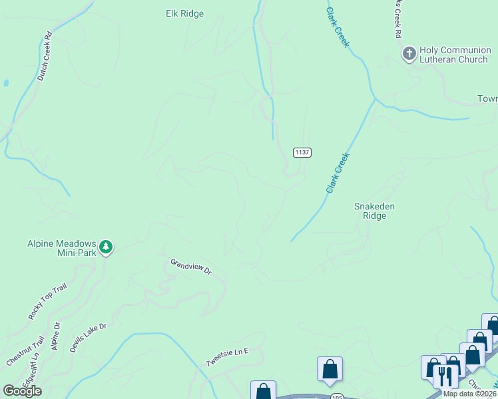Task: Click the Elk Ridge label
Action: (x=184, y=13)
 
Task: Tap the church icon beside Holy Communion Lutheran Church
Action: (x=409, y=52)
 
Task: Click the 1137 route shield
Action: (x=302, y=152)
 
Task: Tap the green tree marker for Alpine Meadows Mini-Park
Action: (x=106, y=248)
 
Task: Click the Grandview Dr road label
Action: (x=190, y=267)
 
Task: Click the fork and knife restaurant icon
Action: (x=443, y=376)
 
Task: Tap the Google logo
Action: (x=22, y=391)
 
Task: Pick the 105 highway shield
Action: (x=336, y=397)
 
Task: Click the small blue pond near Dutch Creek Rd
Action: (x=6, y=84)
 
